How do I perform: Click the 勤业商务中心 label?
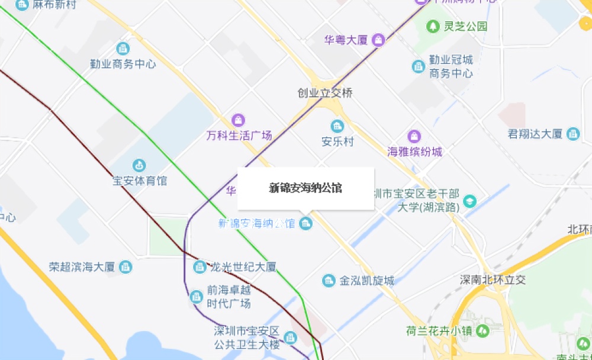(123, 64)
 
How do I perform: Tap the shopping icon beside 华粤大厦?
(378, 40)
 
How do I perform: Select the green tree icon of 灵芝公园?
(433, 26)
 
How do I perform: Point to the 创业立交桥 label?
(325, 93)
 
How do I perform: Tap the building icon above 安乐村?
(337, 126)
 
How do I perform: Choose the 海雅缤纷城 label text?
(414, 152)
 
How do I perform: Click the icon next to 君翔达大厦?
(573, 134)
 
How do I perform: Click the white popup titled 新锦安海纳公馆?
(305, 188)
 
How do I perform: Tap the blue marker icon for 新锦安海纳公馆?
(305, 223)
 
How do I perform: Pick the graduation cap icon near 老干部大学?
(469, 201)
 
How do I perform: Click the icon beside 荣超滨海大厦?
(126, 267)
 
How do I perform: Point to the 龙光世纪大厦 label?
(243, 267)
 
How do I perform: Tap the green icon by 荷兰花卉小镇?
(484, 330)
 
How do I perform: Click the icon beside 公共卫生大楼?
(289, 337)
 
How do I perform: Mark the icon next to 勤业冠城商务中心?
(419, 66)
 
